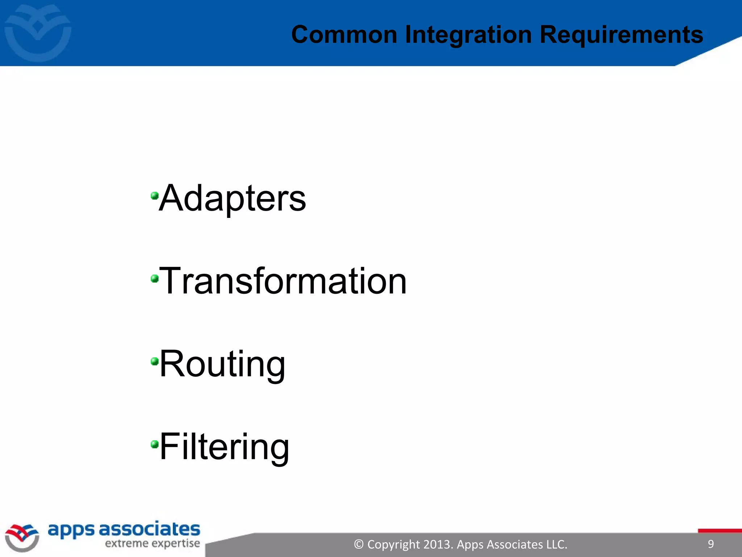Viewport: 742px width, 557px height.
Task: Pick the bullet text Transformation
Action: (283, 281)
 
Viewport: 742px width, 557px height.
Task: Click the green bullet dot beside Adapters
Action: (155, 196)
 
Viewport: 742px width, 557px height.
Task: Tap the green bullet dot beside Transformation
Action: (155, 278)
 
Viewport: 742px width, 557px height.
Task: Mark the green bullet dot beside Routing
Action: (155, 361)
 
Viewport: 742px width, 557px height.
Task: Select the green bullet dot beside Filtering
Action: (155, 444)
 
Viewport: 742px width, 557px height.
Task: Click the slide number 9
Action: (710, 544)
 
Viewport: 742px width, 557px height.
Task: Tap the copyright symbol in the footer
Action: (358, 544)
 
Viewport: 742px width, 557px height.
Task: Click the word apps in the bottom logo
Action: (71, 530)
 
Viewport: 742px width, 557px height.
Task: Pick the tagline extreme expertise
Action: (152, 544)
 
